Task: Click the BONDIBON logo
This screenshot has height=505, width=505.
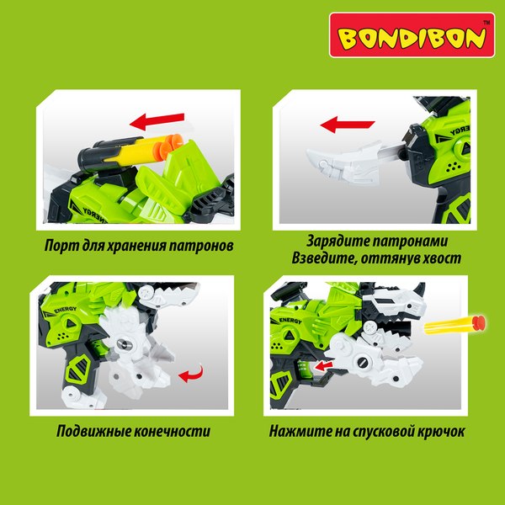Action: pos(412,35)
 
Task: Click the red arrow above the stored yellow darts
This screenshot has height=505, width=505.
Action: pos(157,121)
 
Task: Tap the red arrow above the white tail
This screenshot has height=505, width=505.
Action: pos(348,125)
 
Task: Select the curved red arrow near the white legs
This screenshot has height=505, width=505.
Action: pos(192,375)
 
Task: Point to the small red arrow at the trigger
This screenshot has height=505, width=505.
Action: pos(323,365)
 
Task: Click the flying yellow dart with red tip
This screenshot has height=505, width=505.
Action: pos(454,325)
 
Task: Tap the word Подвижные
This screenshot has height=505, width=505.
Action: pos(93,431)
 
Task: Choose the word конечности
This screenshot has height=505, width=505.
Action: pos(172,431)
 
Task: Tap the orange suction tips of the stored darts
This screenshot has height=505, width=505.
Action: pos(167,145)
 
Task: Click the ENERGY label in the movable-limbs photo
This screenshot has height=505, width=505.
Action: pos(66,310)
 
